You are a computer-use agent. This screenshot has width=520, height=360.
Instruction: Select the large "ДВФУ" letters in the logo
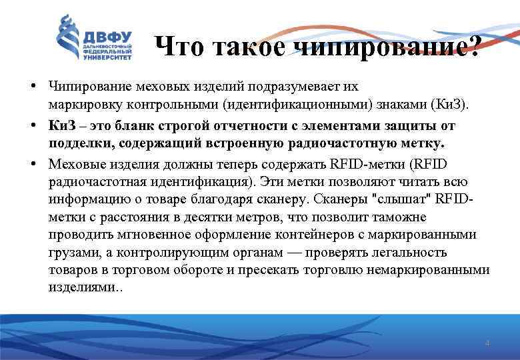pos(107,37)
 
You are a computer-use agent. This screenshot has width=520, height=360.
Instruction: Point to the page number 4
pos(487,343)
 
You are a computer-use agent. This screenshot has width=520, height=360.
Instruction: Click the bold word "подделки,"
pos(75,143)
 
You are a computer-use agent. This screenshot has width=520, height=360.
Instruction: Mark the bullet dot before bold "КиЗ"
pos(33,125)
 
